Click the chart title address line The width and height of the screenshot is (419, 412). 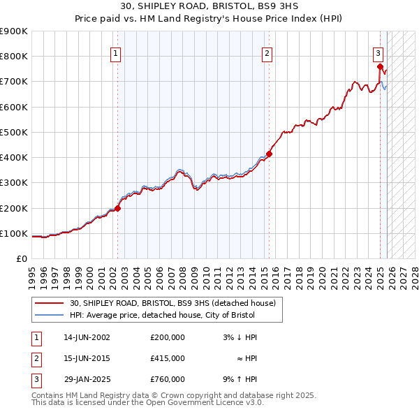[209, 6]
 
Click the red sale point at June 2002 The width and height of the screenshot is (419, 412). [118, 207]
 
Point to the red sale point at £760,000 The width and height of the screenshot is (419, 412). [381, 67]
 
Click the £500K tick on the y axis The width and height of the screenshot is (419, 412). [14, 132]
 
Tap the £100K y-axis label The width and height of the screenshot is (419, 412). [14, 233]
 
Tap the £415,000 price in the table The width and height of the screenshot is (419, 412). [168, 358]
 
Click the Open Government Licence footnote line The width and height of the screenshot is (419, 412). [147, 403]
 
